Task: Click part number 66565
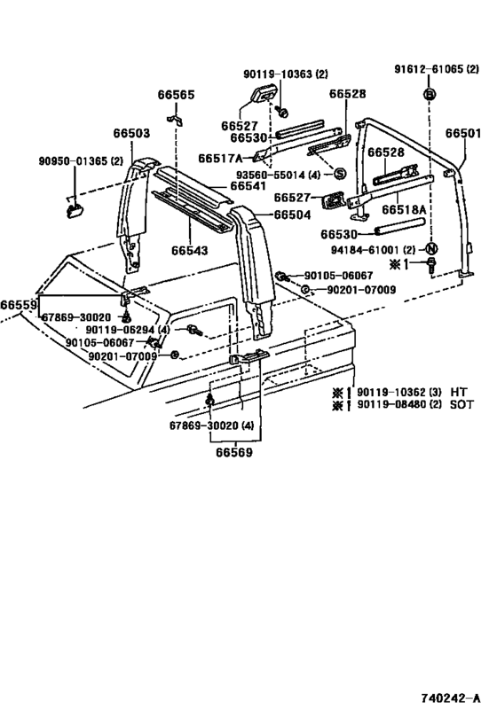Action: [x=177, y=95]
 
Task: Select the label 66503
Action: [x=131, y=133]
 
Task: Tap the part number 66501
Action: [x=463, y=133]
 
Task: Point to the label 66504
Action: [x=292, y=215]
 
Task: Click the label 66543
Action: [x=190, y=251]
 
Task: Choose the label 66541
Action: [x=248, y=185]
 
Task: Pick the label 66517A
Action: [x=220, y=159]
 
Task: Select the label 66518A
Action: [x=404, y=210]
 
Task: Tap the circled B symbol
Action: [x=430, y=95]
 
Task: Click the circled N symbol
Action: [x=431, y=248]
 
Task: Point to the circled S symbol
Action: [x=340, y=174]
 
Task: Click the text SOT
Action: [x=461, y=404]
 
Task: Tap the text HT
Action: [x=459, y=392]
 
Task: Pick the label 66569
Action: [x=234, y=452]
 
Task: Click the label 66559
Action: [x=19, y=305]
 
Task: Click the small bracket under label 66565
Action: [x=175, y=120]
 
